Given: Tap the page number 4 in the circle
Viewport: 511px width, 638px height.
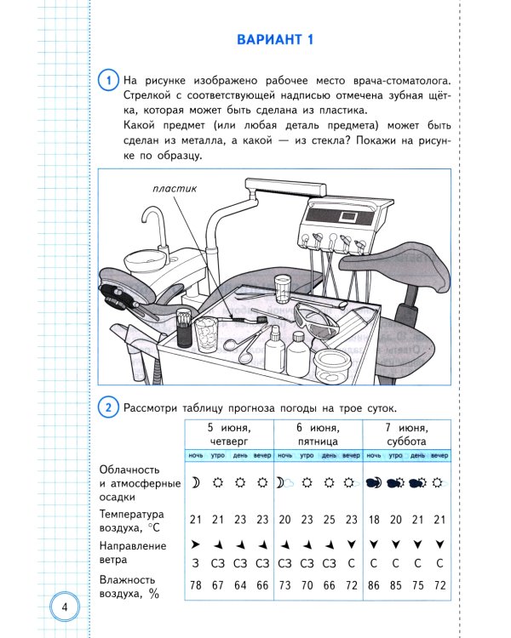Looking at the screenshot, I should coord(65,607).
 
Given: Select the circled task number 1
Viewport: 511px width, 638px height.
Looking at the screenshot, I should coord(108,81).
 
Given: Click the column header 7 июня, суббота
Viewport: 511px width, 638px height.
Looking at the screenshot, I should coord(406,435).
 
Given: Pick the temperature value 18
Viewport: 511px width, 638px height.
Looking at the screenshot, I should coord(372,520).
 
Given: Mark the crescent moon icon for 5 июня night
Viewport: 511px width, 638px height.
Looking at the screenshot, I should coord(194,482).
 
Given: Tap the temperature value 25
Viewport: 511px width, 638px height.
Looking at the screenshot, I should coord(327,520).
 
